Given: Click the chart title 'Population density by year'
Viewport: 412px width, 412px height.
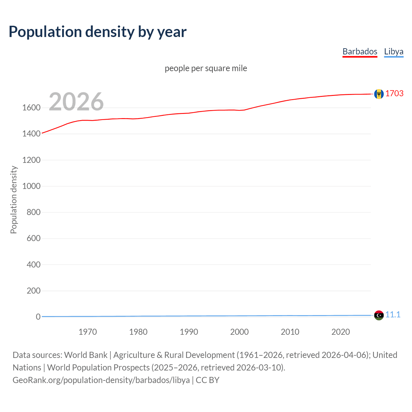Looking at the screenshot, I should pyautogui.click(x=98, y=32).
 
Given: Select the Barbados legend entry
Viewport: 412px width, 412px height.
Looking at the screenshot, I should pyautogui.click(x=360, y=51).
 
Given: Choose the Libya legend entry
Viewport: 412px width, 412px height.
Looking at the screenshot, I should pyautogui.click(x=393, y=51).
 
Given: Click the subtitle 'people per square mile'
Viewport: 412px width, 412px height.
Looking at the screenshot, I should pyautogui.click(x=206, y=68).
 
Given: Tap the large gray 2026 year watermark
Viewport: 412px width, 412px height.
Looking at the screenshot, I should pyautogui.click(x=76, y=102).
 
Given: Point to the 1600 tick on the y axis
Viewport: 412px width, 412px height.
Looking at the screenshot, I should pyautogui.click(x=31, y=108).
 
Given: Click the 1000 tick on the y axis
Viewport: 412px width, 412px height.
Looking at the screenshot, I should pyautogui.click(x=31, y=186).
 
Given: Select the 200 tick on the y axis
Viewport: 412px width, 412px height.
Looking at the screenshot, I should pyautogui.click(x=33, y=291).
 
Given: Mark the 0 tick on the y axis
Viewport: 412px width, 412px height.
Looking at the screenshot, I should pyautogui.click(x=38, y=317).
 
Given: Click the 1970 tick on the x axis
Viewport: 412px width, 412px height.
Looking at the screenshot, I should pyautogui.click(x=88, y=332).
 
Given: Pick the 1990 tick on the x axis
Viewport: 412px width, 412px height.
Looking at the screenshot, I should pyautogui.click(x=189, y=332).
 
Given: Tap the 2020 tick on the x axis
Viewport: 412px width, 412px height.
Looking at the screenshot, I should pyautogui.click(x=341, y=332).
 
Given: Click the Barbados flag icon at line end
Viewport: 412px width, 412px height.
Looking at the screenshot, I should pyautogui.click(x=379, y=94).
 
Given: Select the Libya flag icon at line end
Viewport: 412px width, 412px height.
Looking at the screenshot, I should pyautogui.click(x=379, y=315).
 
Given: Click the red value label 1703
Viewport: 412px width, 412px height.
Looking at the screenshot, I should pyautogui.click(x=394, y=93).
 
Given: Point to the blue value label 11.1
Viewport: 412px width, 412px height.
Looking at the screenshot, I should pyautogui.click(x=393, y=314).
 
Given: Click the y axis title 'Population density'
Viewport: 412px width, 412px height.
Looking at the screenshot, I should pyautogui.click(x=14, y=200).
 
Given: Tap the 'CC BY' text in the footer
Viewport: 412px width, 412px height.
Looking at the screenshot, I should pyautogui.click(x=208, y=380).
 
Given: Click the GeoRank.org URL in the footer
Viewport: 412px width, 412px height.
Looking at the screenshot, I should pyautogui.click(x=101, y=380).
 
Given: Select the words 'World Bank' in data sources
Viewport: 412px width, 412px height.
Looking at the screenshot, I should pyautogui.click(x=86, y=355).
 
